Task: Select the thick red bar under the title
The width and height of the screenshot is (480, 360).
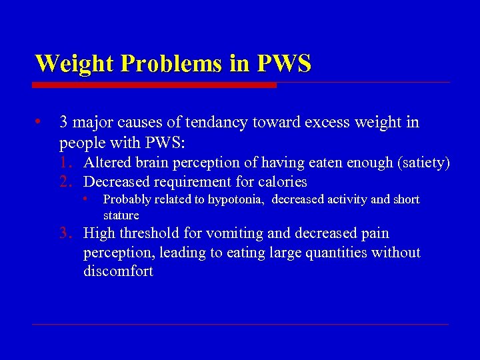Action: point(154,85)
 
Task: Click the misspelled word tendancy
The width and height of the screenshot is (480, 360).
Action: point(230,123)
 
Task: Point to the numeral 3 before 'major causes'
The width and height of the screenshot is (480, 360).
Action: point(63,123)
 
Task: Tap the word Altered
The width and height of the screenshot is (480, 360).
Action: point(107,163)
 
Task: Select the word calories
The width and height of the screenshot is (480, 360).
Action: point(282,181)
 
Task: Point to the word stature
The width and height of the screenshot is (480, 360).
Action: point(121,215)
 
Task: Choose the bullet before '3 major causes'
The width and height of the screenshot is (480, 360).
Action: point(39,123)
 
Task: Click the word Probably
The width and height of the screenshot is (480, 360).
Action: point(127,199)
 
